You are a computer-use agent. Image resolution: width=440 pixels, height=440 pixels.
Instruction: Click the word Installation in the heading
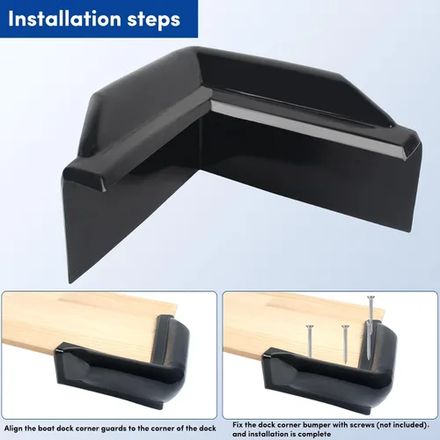[64, 18]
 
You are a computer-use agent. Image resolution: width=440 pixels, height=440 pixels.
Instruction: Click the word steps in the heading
[154, 20]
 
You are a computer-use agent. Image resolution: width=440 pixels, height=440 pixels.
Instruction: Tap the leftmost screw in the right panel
[309, 341]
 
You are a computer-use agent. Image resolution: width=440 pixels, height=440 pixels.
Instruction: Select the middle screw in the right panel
[345, 344]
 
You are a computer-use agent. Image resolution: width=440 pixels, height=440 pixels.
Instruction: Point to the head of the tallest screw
[371, 297]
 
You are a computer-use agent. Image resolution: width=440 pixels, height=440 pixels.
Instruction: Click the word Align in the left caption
[13, 429]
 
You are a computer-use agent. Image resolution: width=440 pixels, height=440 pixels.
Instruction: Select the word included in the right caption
[409, 425]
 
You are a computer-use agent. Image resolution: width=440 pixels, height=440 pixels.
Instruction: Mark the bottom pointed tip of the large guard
[70, 282]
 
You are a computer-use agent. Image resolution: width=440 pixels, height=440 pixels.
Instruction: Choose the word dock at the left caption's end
[208, 429]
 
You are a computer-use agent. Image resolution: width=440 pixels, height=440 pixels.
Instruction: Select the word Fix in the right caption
[238, 425]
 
